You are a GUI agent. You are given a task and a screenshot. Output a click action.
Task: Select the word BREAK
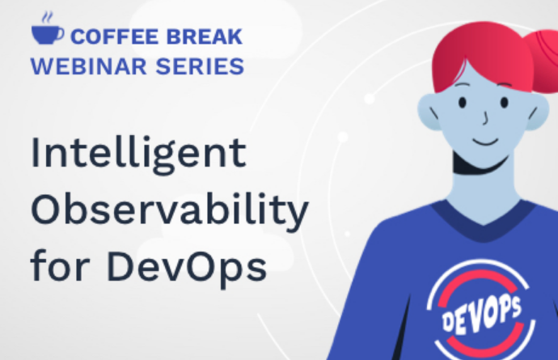tap(205, 36)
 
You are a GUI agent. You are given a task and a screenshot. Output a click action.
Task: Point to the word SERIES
tap(200, 66)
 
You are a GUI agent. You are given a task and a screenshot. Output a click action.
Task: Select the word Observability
tap(170, 210)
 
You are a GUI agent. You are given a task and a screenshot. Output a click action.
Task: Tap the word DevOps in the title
tap(187, 267)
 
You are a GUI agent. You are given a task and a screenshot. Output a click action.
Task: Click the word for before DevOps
tap(60, 265)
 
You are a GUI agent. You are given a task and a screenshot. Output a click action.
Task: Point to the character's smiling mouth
tap(485, 142)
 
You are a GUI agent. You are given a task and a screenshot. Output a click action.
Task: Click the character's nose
tap(484, 118)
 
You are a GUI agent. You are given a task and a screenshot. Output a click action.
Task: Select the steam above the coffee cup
tap(48, 18)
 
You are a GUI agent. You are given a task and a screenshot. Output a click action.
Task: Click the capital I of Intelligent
tap(36, 152)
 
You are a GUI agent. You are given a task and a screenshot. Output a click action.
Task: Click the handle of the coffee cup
tap(61, 34)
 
